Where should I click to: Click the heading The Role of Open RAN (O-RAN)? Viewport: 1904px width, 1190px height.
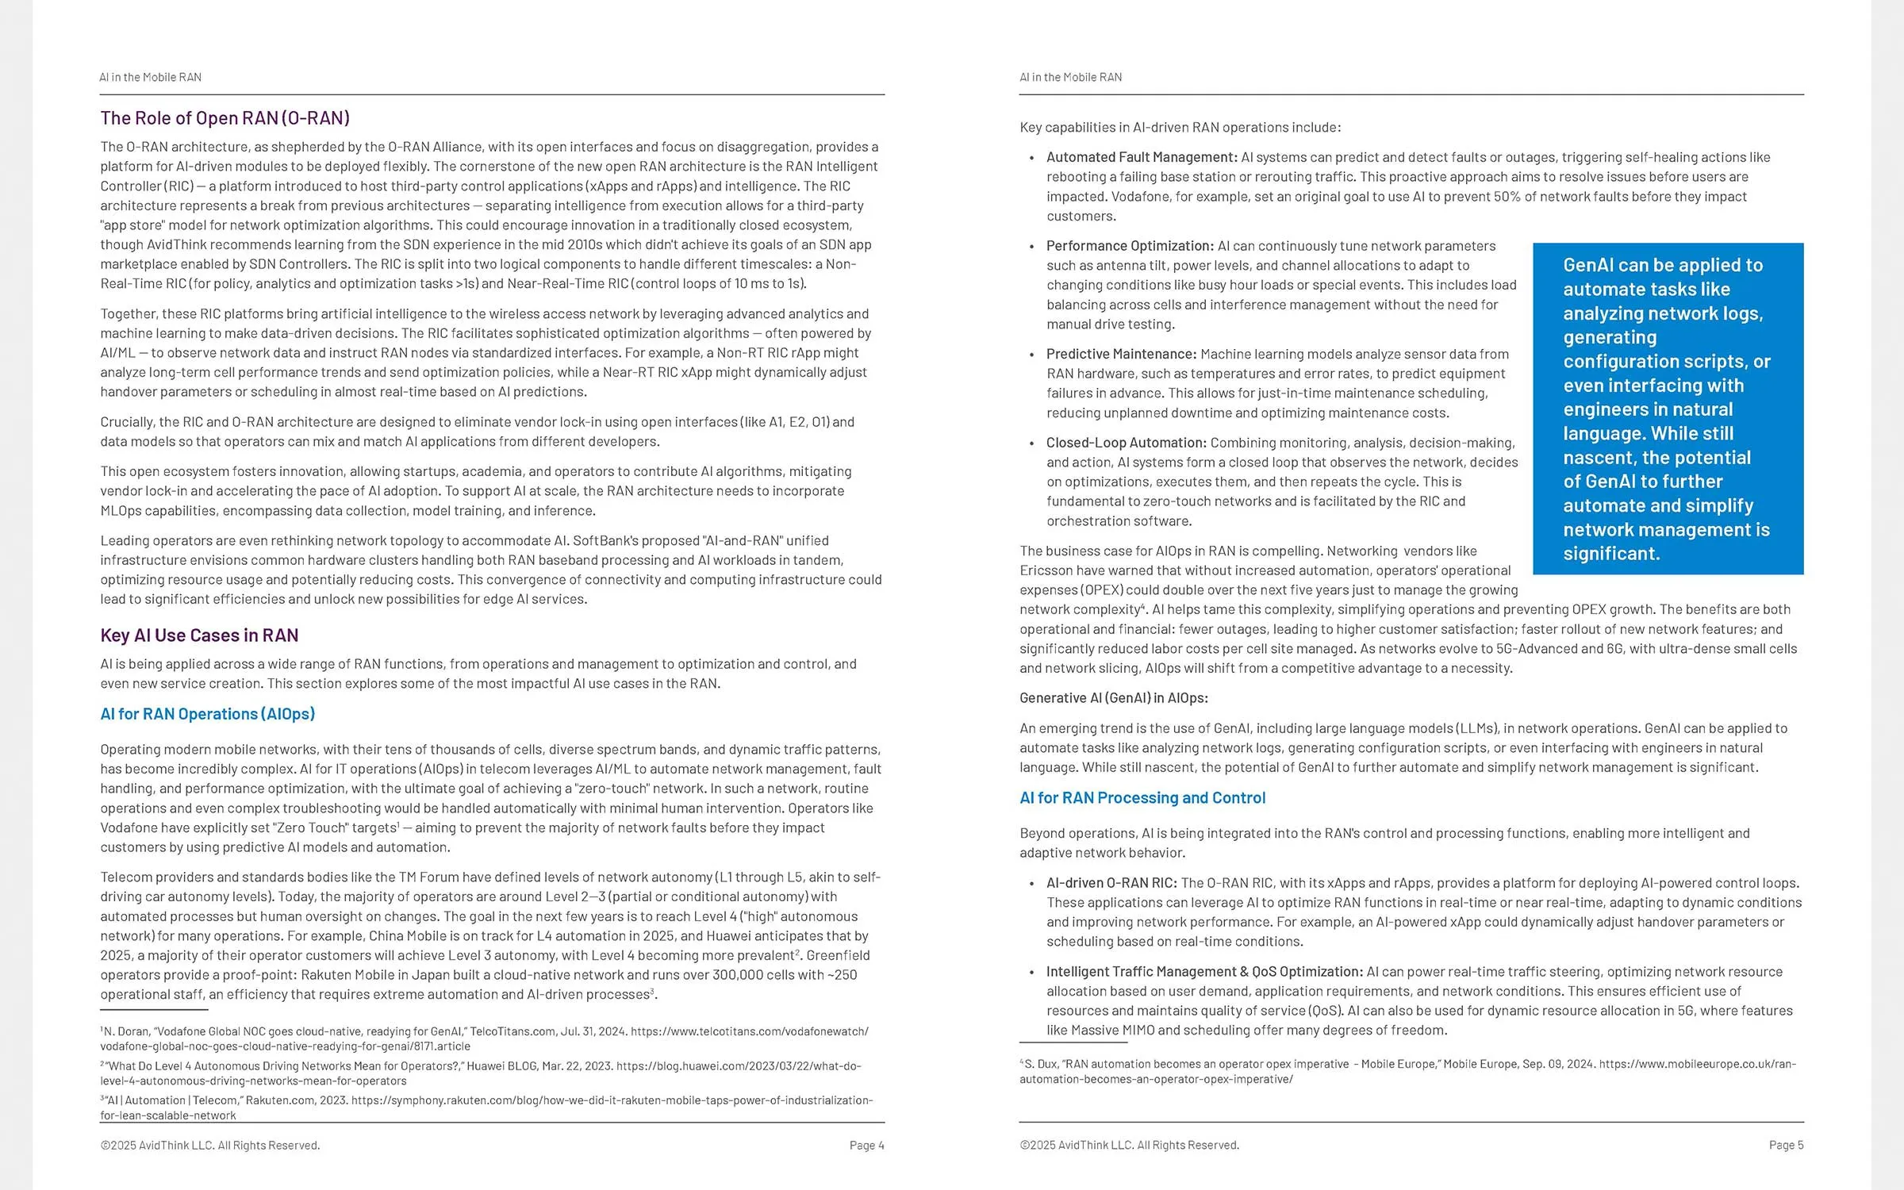(x=225, y=118)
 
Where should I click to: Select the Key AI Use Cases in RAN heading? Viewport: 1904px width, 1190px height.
(x=199, y=635)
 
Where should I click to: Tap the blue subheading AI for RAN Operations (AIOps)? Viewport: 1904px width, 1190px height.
(x=207, y=714)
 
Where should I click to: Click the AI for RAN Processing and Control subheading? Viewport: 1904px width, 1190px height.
(x=1142, y=798)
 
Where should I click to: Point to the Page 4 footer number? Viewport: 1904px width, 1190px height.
(x=866, y=1146)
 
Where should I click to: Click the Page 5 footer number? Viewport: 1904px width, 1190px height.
(x=1786, y=1146)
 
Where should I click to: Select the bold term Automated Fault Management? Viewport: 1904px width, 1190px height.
(x=1141, y=157)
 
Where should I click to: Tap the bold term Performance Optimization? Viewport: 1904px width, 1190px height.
(x=1130, y=246)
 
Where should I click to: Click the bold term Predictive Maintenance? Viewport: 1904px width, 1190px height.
(x=1121, y=354)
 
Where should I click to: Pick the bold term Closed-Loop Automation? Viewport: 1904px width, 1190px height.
(x=1126, y=443)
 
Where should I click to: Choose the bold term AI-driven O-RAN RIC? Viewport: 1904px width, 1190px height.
(x=1111, y=883)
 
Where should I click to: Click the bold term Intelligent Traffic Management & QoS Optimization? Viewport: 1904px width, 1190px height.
(x=1204, y=972)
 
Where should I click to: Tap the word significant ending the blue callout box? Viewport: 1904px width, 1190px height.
(x=1610, y=554)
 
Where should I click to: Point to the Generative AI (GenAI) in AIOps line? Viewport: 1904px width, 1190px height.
(x=1114, y=698)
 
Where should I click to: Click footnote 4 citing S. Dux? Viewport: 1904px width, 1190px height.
(x=1407, y=1071)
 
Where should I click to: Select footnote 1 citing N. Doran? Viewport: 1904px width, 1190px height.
(x=484, y=1038)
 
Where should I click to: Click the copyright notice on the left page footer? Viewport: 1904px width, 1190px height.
(x=210, y=1146)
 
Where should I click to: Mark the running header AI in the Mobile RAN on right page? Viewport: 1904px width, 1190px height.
(x=1070, y=77)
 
